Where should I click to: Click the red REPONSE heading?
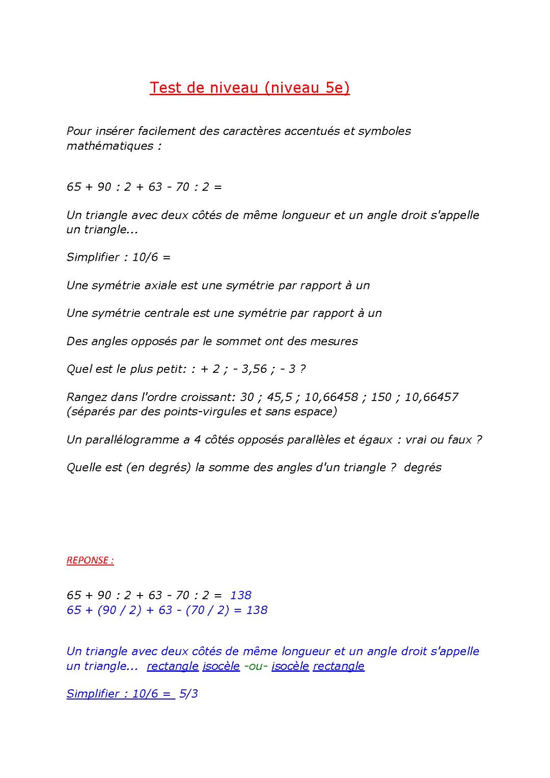90,560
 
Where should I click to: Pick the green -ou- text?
256,666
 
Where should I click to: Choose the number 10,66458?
331,397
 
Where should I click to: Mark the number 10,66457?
431,397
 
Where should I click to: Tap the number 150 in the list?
381,397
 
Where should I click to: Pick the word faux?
460,440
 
